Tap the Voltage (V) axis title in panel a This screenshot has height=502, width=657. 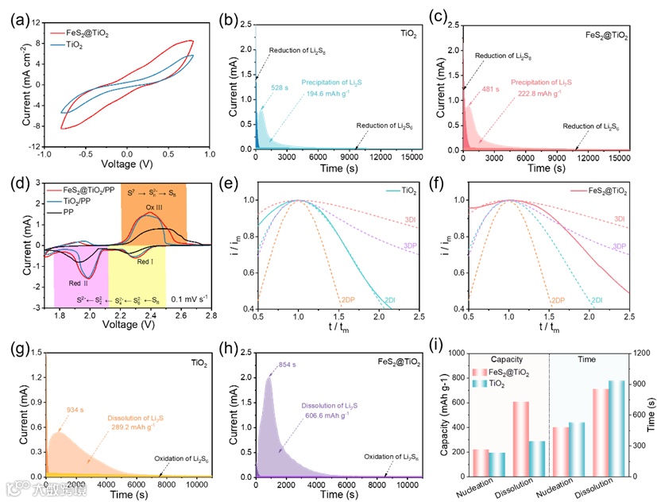[x=126, y=165]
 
